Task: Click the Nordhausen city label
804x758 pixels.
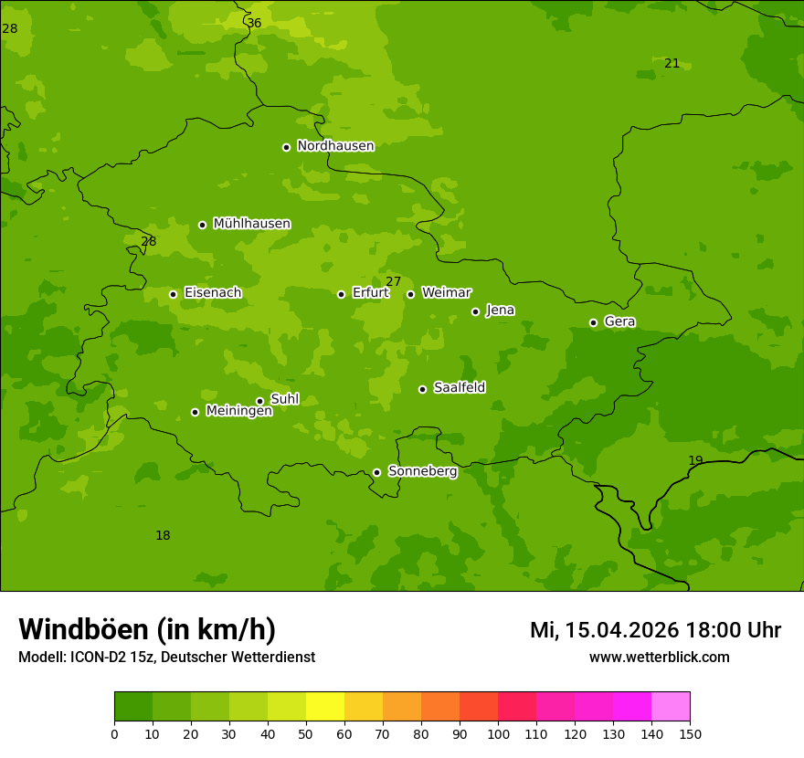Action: click(335, 146)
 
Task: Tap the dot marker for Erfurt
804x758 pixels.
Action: click(341, 294)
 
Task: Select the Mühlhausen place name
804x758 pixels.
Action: click(251, 224)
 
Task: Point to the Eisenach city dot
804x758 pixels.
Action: click(173, 294)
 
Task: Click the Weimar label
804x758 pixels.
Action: click(446, 293)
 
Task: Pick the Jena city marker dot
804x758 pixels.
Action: click(475, 311)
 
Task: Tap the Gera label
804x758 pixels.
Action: click(619, 321)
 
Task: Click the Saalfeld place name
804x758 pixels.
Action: click(459, 388)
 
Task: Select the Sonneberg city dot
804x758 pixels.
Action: click(376, 472)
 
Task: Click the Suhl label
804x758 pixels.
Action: click(284, 399)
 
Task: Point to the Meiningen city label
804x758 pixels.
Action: click(238, 411)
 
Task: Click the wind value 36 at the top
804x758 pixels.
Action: click(254, 23)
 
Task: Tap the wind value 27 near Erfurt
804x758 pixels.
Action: click(393, 281)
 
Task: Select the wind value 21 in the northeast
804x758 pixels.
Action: click(672, 63)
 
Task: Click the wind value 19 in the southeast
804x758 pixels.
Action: click(695, 460)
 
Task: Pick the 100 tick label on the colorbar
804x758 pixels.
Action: click(498, 733)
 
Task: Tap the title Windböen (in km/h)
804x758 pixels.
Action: click(147, 629)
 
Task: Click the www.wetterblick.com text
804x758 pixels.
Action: click(659, 657)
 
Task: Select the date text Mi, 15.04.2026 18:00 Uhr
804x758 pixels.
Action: click(655, 630)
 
